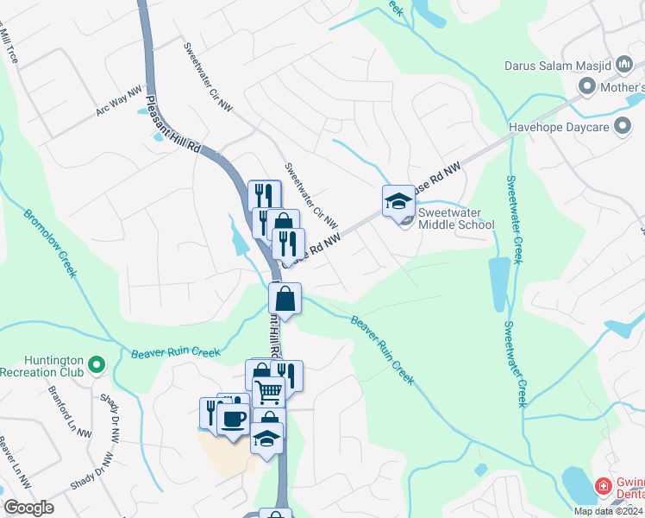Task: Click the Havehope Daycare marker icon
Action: [621, 128]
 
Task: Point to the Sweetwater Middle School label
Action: [456, 218]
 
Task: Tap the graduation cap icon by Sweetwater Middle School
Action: [398, 201]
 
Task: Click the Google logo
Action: [28, 508]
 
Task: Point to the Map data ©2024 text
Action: [608, 511]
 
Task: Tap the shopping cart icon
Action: [269, 393]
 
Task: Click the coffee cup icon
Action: [233, 420]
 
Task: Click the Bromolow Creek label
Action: [51, 243]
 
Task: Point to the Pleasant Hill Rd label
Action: [172, 113]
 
